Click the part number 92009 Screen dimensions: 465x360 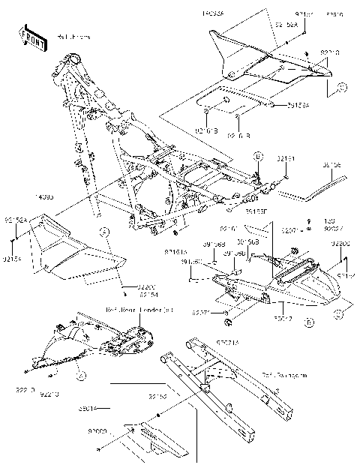(98, 432)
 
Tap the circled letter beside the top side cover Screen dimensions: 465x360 (341, 88)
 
